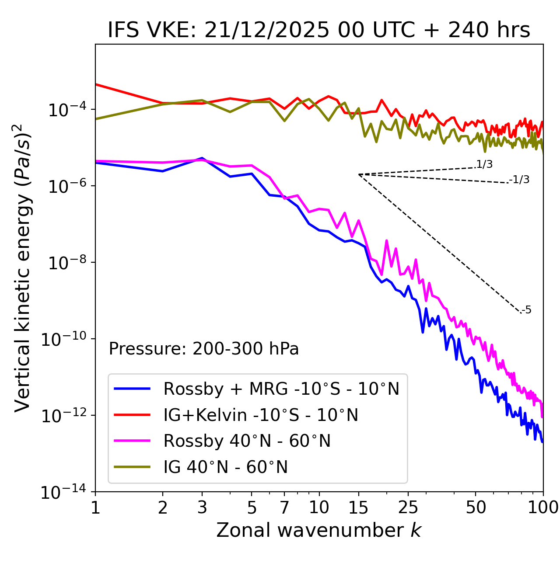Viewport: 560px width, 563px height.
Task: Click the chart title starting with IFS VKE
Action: [319, 30]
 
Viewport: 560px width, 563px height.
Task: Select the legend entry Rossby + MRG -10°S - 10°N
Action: [281, 389]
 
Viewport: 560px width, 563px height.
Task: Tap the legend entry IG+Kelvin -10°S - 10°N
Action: [260, 415]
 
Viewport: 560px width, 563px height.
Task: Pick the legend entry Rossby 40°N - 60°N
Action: [247, 441]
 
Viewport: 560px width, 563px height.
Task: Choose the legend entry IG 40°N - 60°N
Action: [225, 467]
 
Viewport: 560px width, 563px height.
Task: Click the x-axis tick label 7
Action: [284, 507]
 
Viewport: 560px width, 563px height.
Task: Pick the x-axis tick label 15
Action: [358, 507]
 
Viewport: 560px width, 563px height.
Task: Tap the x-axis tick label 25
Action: [408, 507]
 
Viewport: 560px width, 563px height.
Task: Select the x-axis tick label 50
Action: [476, 507]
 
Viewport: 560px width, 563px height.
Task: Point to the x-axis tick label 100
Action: [543, 507]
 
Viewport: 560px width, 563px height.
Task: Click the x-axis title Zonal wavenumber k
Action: [319, 530]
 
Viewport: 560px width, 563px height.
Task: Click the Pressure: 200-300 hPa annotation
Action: [203, 349]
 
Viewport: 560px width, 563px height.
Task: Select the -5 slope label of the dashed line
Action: [526, 310]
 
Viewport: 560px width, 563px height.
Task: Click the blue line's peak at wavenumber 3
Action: [202, 158]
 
